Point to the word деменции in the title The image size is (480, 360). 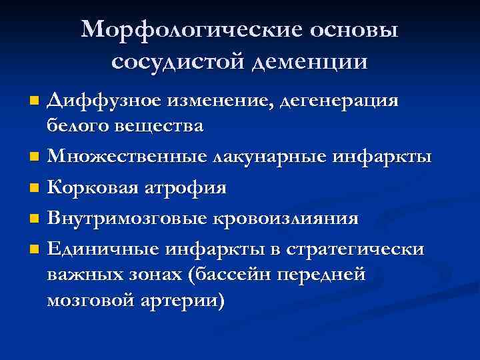pyautogui.click(x=309, y=61)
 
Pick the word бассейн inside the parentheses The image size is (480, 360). pyautogui.click(x=236, y=275)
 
